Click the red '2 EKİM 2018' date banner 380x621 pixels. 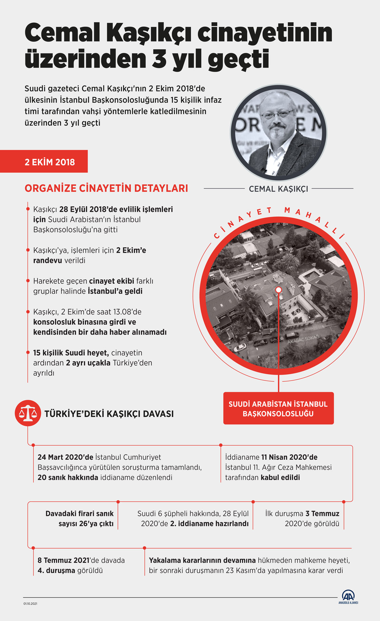[x=44, y=162]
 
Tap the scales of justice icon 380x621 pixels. [x=28, y=413]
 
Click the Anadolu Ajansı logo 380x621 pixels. [x=348, y=597]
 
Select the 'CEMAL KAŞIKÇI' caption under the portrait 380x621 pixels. [x=278, y=189]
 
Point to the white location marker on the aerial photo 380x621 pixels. [x=279, y=290]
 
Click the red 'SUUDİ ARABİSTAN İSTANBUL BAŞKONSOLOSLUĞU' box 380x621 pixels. [x=278, y=409]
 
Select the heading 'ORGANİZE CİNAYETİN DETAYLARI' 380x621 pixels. [x=106, y=188]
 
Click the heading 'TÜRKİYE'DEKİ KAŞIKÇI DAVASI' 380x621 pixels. [x=109, y=414]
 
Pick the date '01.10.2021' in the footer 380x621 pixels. [x=30, y=604]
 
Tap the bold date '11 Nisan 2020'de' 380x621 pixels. [x=289, y=457]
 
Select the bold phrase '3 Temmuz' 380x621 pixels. [x=322, y=513]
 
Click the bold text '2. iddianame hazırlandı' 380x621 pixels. [x=209, y=524]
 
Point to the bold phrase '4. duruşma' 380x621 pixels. [x=56, y=570]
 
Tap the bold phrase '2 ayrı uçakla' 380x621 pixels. [x=88, y=363]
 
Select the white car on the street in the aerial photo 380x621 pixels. [x=240, y=347]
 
